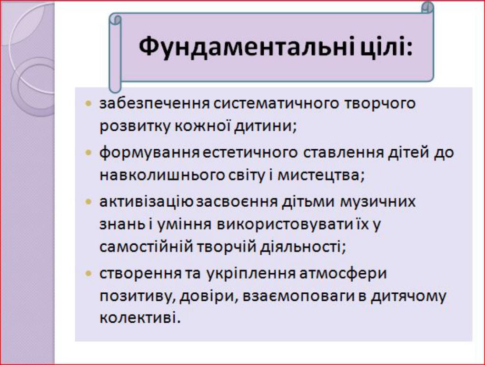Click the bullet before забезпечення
coord(89,103)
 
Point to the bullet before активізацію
coord(89,202)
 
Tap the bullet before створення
coord(89,273)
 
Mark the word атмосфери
coord(343,274)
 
